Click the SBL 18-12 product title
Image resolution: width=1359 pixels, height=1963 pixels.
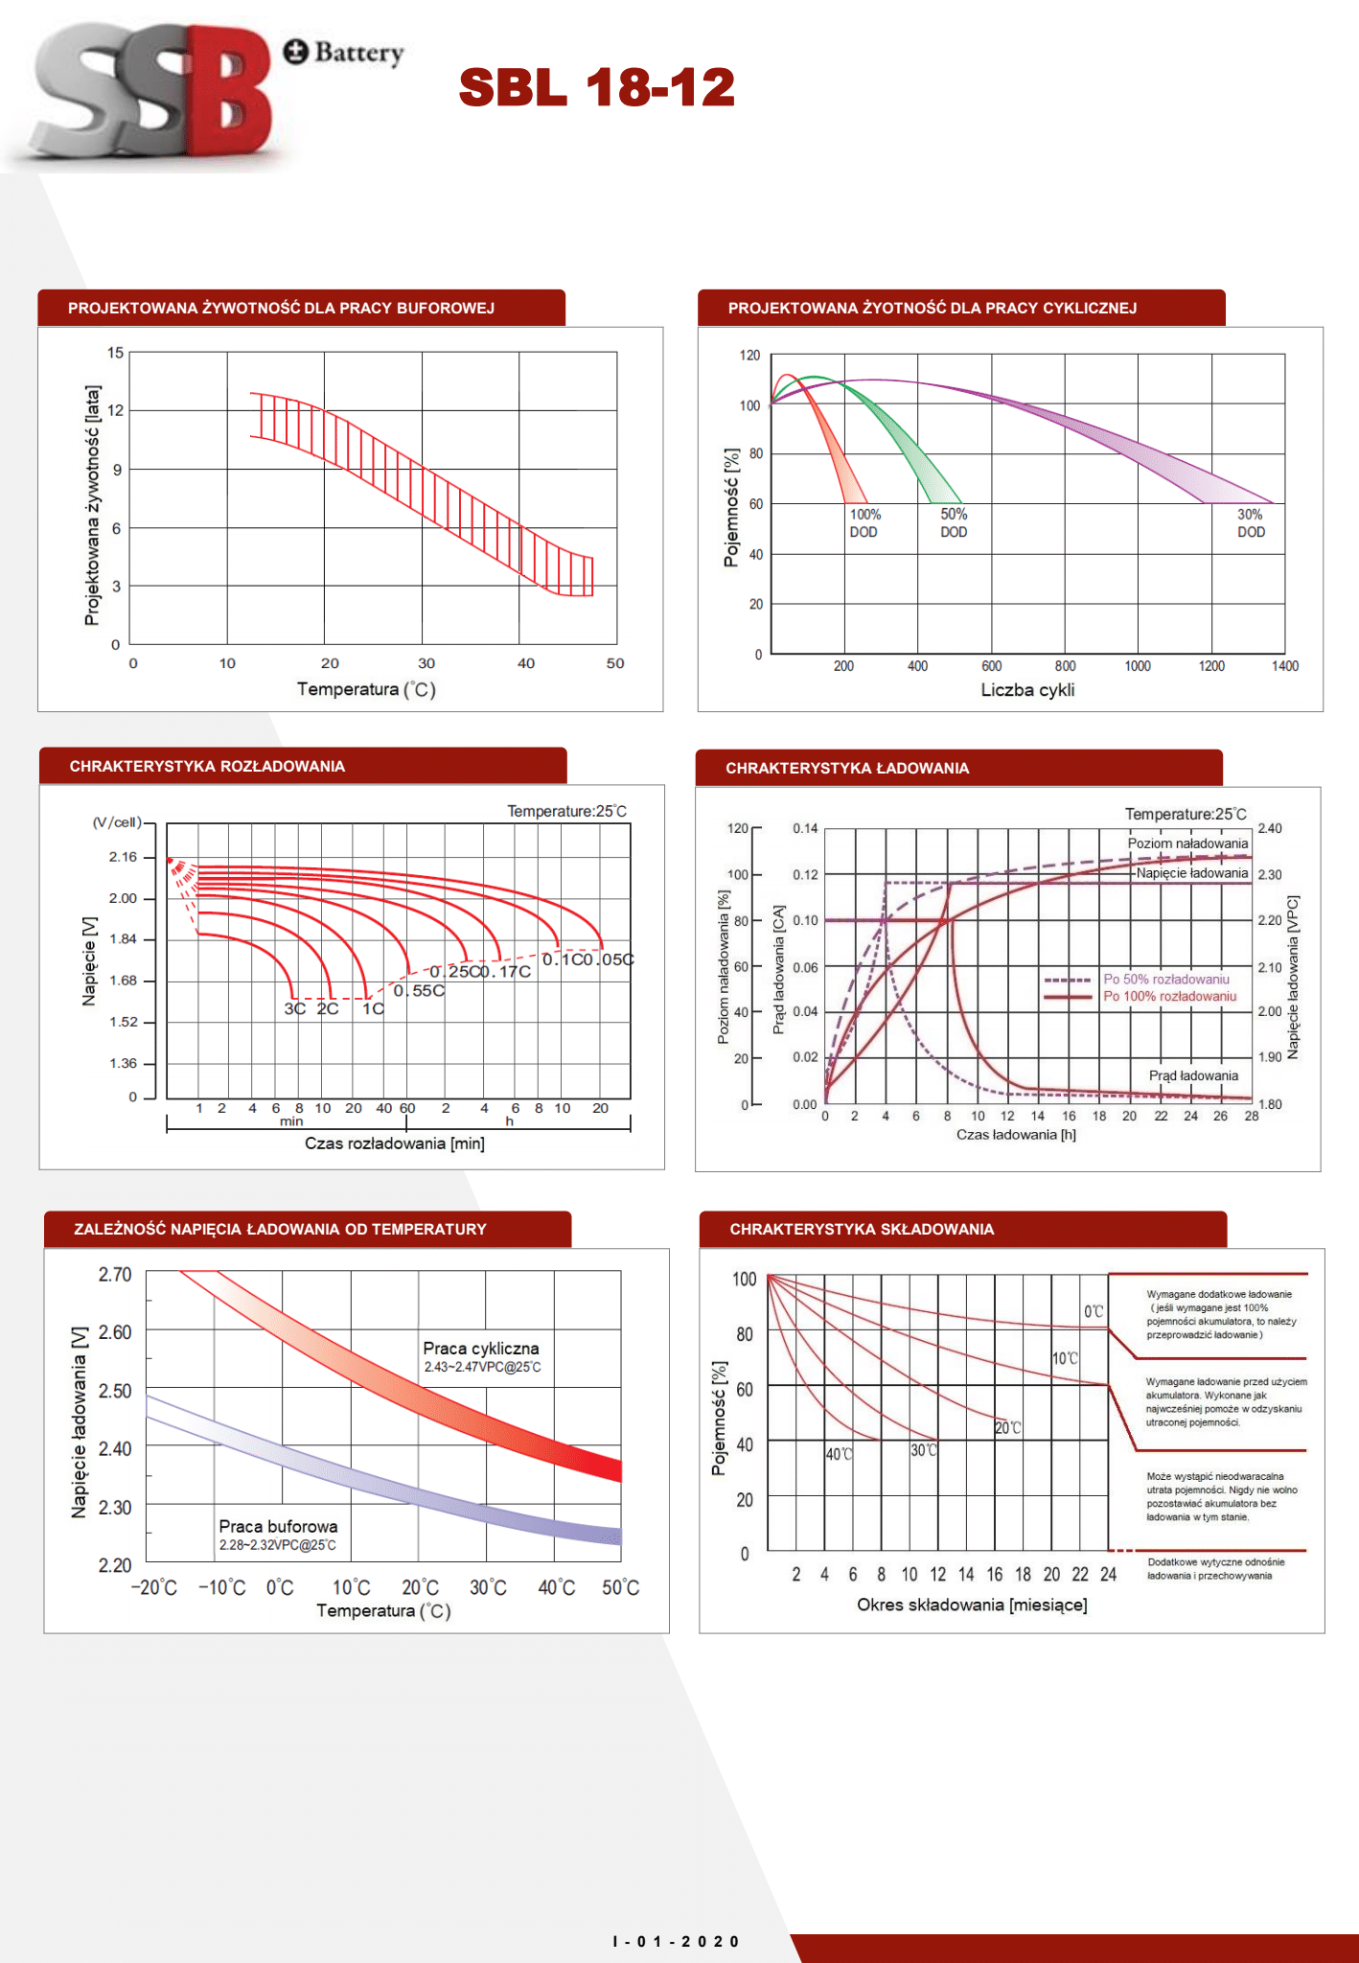(x=596, y=87)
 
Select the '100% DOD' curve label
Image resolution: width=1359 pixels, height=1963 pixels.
(x=864, y=523)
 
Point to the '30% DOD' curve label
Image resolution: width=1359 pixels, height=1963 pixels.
(x=1251, y=523)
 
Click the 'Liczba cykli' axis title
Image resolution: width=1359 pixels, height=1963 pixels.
(x=1027, y=690)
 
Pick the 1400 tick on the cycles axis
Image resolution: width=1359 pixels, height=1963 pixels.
(x=1284, y=666)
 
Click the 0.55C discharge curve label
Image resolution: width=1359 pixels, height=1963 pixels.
(x=419, y=990)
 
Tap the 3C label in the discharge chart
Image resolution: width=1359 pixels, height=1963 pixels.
(x=294, y=1008)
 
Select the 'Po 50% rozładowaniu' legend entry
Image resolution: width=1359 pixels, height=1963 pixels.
(x=1165, y=979)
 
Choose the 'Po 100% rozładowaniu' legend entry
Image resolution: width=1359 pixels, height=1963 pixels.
(x=1169, y=996)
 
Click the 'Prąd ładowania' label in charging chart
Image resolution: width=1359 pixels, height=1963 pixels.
(x=1193, y=1075)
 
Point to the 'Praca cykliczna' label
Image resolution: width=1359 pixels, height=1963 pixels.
(x=481, y=1349)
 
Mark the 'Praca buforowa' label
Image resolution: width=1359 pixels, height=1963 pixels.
(x=278, y=1526)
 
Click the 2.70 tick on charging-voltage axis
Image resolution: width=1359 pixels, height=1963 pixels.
(x=115, y=1274)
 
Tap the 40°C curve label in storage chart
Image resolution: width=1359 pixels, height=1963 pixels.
(x=839, y=1454)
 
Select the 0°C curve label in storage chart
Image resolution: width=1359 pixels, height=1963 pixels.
(x=1094, y=1311)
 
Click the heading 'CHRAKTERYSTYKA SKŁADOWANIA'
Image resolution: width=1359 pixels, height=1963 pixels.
(x=862, y=1229)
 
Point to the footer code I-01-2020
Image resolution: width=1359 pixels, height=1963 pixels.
(x=676, y=1941)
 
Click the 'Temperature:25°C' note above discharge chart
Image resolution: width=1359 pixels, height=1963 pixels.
(x=566, y=811)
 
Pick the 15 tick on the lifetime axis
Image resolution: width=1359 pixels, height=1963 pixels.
(x=116, y=353)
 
